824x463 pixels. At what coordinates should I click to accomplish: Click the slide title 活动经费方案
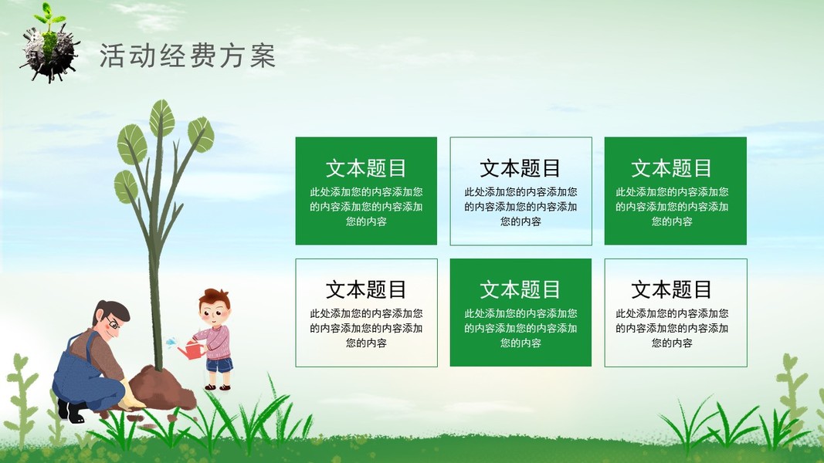pyautogui.click(x=188, y=56)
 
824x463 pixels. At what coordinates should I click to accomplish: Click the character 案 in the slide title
pyautogui.click(x=263, y=56)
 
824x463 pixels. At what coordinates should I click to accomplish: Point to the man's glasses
pyautogui.click(x=112, y=322)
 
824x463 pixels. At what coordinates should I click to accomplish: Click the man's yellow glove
pyautogui.click(x=131, y=397)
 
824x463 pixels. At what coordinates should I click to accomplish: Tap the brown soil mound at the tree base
pyautogui.click(x=162, y=389)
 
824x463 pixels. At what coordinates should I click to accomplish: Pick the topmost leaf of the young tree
pyautogui.click(x=162, y=118)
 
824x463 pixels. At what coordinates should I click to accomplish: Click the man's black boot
pyautogui.click(x=71, y=411)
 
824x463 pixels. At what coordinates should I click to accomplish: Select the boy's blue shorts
pyautogui.click(x=219, y=364)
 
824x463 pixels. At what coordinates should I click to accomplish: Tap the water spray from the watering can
pyautogui.click(x=171, y=343)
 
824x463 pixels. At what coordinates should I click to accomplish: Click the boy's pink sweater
pyautogui.click(x=216, y=341)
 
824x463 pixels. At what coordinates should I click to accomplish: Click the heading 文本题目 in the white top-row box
pyautogui.click(x=521, y=168)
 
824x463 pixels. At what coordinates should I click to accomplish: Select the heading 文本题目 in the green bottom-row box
pyautogui.click(x=521, y=290)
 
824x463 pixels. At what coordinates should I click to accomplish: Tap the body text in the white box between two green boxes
pyautogui.click(x=521, y=206)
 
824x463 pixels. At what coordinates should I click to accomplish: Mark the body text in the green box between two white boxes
pyautogui.click(x=521, y=328)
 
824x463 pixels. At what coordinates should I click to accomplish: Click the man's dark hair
pyautogui.click(x=111, y=311)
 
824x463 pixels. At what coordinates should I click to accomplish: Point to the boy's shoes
pyautogui.click(x=218, y=387)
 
